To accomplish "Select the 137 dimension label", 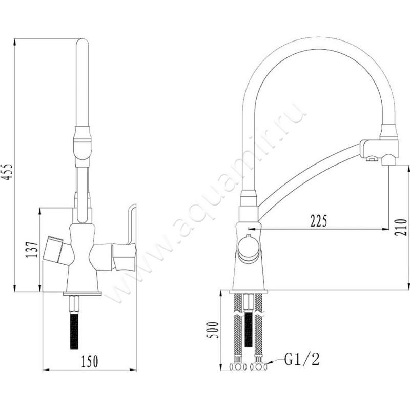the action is pyautogui.click(x=32, y=250).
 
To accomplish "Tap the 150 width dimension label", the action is pyautogui.click(x=90, y=361).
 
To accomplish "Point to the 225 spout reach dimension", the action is pyautogui.click(x=318, y=221).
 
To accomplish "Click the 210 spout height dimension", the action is pyautogui.click(x=401, y=227).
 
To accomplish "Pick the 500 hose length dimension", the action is pyautogui.click(x=212, y=330).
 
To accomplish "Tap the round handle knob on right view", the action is pyautogui.click(x=249, y=250).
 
